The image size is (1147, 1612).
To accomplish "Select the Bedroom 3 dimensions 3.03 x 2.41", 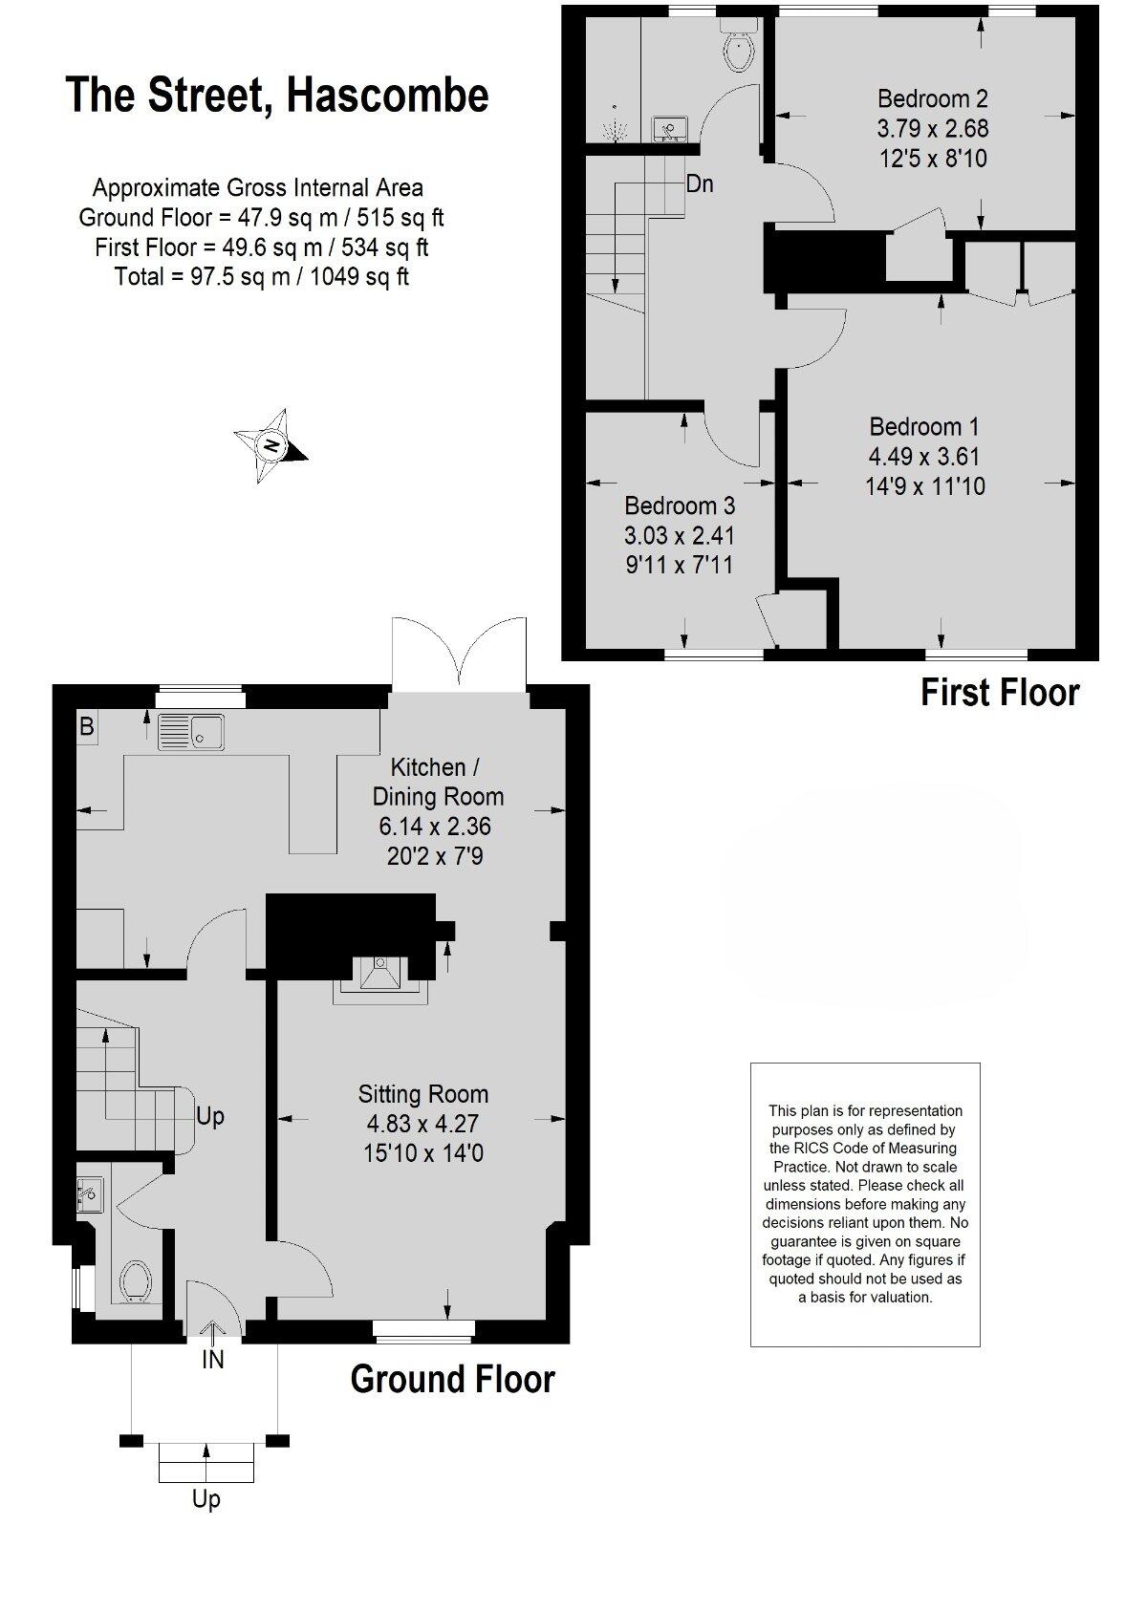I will [680, 535].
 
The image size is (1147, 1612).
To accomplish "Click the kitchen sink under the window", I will [191, 732].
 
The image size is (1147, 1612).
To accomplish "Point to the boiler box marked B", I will [87, 727].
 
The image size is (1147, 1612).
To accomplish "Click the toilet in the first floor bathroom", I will [739, 50].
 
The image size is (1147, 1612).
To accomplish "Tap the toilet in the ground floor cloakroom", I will [136, 1279].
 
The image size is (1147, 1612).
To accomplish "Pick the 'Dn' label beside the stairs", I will [700, 183].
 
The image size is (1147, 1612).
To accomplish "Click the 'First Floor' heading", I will [999, 693].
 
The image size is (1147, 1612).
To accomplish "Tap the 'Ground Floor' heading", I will [452, 1379].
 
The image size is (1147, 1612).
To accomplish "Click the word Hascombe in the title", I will [387, 96].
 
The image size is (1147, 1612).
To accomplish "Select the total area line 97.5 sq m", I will [261, 277].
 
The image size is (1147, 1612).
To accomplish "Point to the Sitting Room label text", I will [422, 1094].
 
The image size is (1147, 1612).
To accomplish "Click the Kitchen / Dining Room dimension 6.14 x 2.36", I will [439, 826].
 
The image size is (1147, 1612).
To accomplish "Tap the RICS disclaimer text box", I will [865, 1204].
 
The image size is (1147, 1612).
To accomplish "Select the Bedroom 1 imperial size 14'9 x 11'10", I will [924, 486].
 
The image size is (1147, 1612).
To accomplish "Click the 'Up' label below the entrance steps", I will [206, 1499].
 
